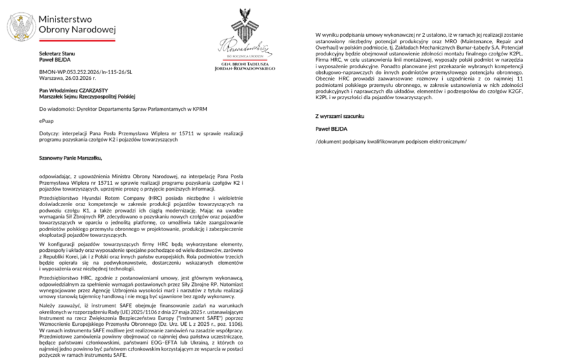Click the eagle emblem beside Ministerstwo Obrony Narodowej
[x=21, y=27]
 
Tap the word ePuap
[x=46, y=120]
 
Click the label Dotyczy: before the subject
[x=49, y=133]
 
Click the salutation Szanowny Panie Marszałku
[x=70, y=157]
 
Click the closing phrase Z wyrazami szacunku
[x=340, y=116]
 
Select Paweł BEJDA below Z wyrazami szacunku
[x=331, y=128]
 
